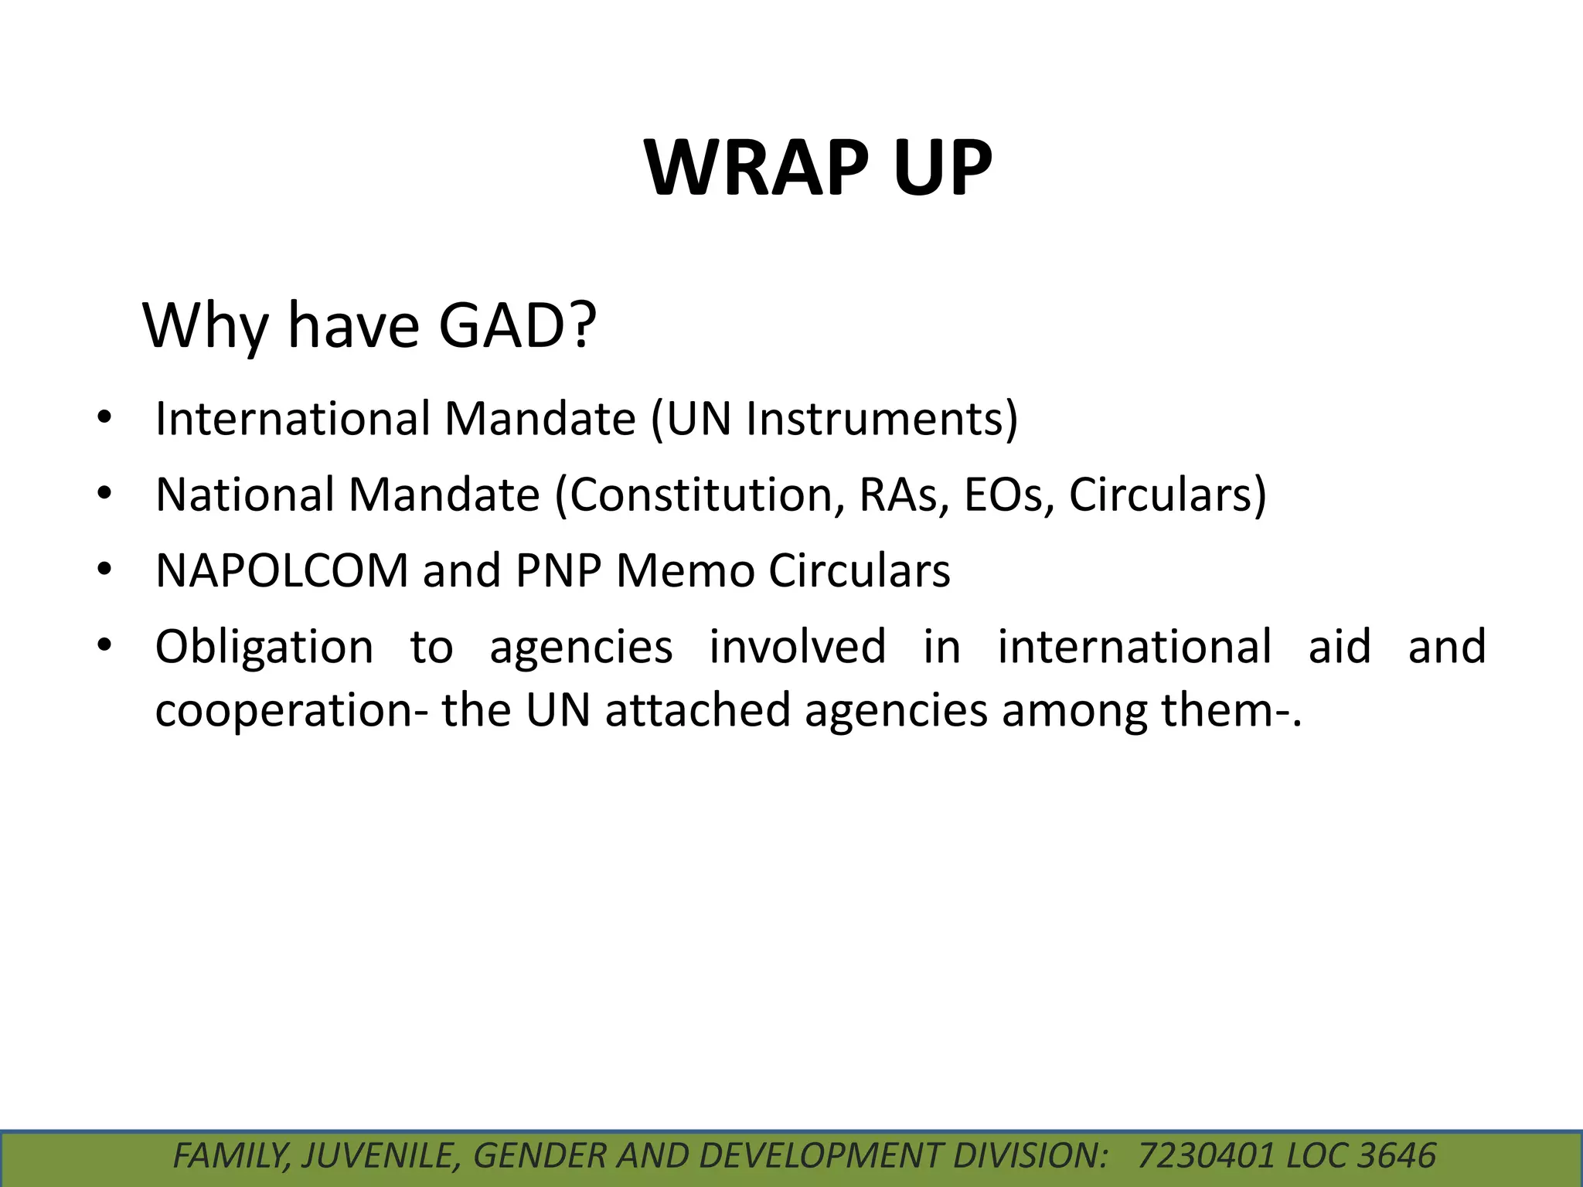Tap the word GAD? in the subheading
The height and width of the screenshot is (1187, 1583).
pyautogui.click(x=518, y=326)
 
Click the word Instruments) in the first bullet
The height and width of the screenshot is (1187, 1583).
pyautogui.click(x=881, y=420)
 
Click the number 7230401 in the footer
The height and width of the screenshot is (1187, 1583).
pyautogui.click(x=1206, y=1156)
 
